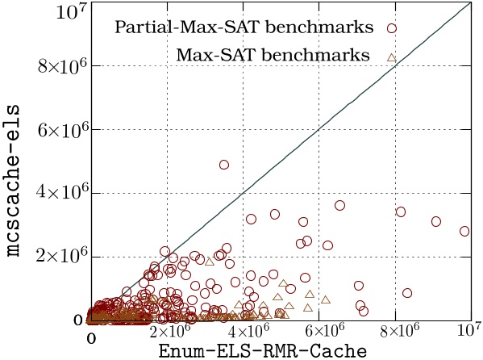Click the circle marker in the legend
(x=392, y=27)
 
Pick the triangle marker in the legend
(x=392, y=56)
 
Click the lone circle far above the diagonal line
(x=224, y=165)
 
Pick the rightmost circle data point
(x=464, y=231)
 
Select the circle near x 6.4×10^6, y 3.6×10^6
(x=339, y=206)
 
